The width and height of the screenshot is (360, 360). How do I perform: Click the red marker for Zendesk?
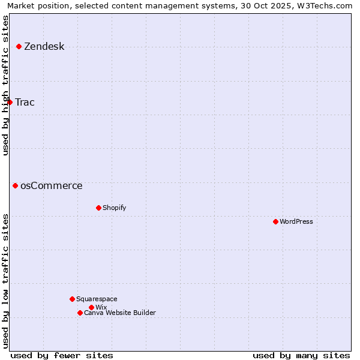tap(19, 46)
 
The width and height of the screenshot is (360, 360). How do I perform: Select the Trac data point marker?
tap(10, 102)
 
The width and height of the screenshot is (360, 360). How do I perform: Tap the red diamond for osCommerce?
tap(15, 185)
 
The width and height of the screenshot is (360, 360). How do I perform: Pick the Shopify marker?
tap(98, 208)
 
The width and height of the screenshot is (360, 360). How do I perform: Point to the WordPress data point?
tap(275, 221)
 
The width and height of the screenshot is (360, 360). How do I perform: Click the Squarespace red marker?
tap(72, 299)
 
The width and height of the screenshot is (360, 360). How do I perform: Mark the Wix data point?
tap(91, 307)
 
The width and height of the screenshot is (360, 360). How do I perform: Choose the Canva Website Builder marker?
tap(80, 313)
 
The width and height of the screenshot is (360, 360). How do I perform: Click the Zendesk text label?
tap(44, 46)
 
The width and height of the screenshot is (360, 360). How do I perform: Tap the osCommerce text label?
tap(51, 185)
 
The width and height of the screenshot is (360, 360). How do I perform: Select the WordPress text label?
tap(296, 221)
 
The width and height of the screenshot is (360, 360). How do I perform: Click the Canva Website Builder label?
tap(119, 313)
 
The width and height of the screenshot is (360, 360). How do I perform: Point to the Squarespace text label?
tap(97, 299)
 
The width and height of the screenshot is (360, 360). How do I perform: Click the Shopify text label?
tap(114, 208)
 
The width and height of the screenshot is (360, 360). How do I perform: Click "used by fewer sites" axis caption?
tap(62, 355)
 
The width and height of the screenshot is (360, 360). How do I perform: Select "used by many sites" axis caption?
tap(301, 355)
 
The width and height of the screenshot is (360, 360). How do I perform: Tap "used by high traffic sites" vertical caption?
tap(6, 85)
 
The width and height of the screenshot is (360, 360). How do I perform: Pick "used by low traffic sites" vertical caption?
tap(6, 280)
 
